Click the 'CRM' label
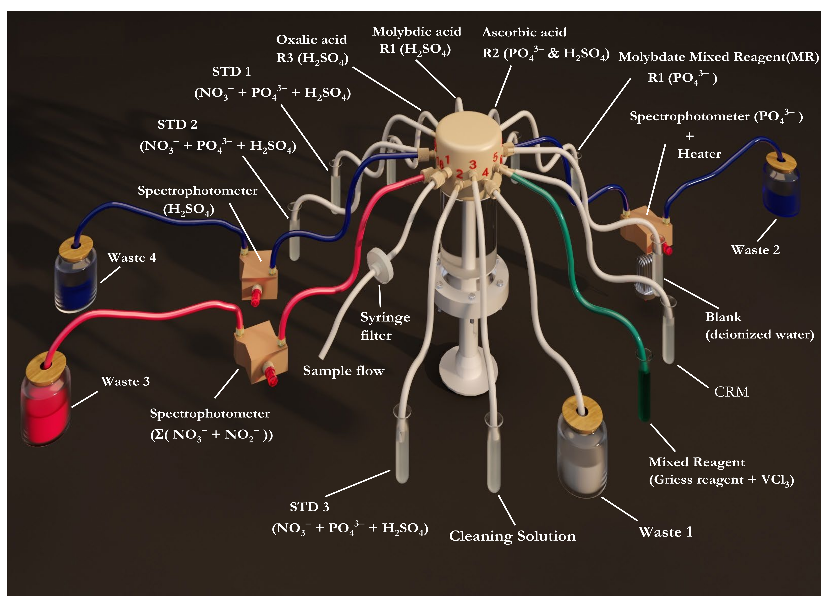(731, 392)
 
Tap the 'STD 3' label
(309, 507)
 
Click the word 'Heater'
(699, 154)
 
